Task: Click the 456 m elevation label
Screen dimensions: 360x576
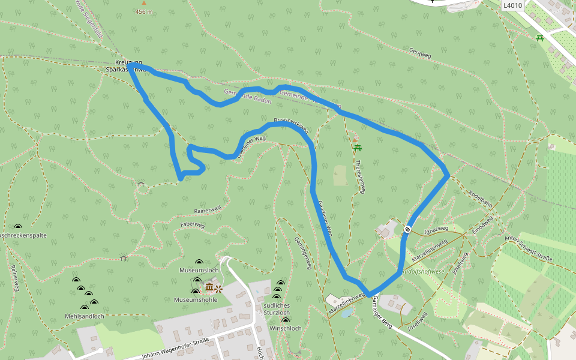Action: click(x=144, y=11)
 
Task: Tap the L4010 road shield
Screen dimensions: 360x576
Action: click(x=513, y=5)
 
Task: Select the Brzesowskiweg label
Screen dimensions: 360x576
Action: click(x=291, y=125)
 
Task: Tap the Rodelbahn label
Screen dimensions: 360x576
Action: click(x=481, y=197)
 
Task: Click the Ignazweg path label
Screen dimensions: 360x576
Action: click(x=436, y=229)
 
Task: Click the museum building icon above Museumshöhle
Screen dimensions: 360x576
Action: click(x=209, y=288)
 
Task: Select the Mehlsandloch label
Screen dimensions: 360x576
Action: click(x=85, y=316)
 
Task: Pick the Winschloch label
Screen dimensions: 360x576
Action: click(x=285, y=328)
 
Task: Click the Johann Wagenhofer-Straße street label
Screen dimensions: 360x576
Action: click(x=175, y=347)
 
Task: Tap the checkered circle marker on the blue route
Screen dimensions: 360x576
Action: click(x=407, y=229)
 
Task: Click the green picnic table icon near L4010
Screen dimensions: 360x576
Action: click(x=540, y=38)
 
